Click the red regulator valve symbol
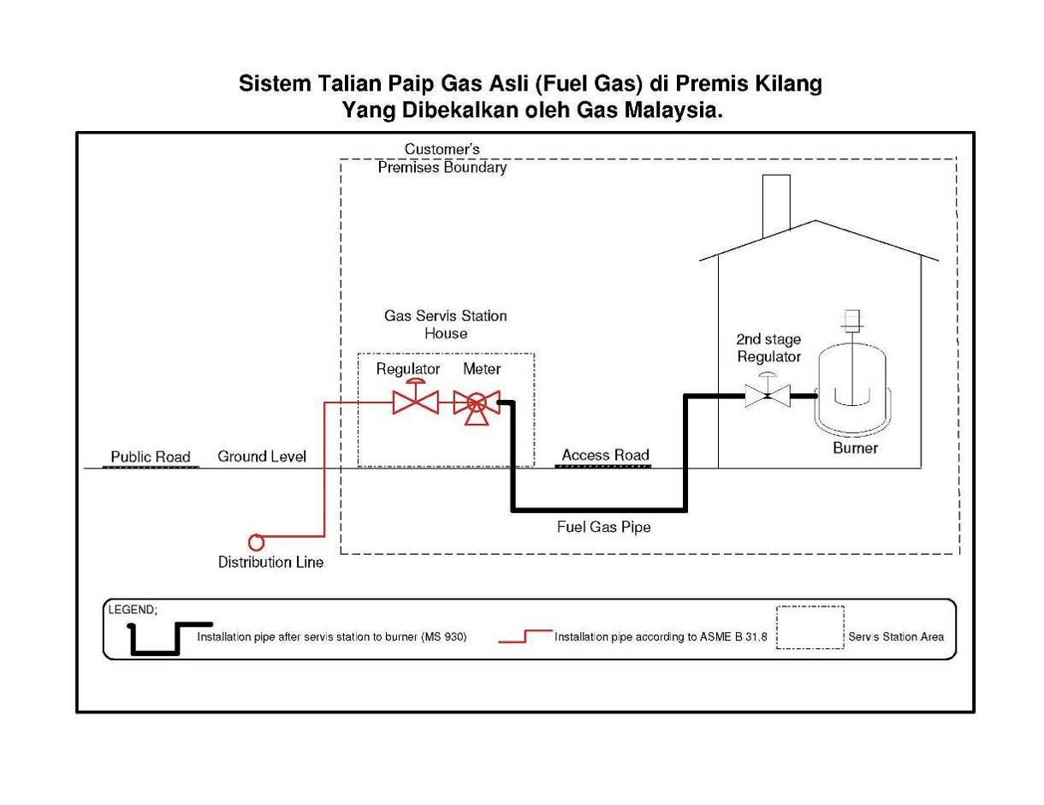[x=415, y=401]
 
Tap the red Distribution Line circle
[x=255, y=541]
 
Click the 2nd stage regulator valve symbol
[x=768, y=395]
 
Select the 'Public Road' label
[x=151, y=456]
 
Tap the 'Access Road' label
[x=605, y=455]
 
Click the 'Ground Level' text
[x=261, y=456]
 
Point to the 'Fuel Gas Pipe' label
[x=603, y=527]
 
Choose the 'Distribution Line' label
[x=270, y=563]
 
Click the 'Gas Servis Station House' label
[x=445, y=324]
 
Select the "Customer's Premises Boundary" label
[x=442, y=158]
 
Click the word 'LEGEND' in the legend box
[x=131, y=610]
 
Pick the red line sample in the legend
[x=525, y=636]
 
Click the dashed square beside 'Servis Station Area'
[x=810, y=628]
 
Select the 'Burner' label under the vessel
[x=855, y=448]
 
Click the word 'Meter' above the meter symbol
[x=482, y=369]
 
